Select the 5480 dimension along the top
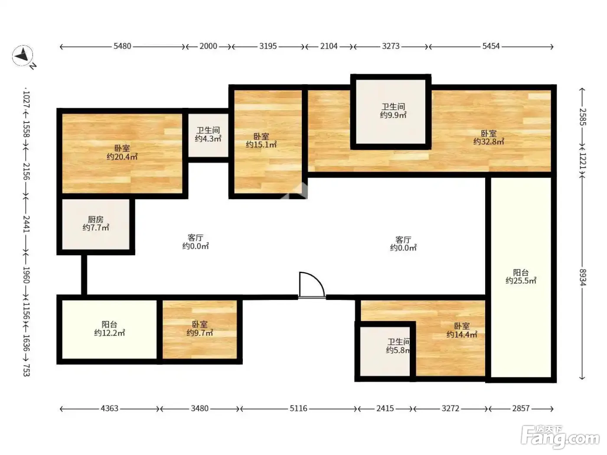[x=122, y=46]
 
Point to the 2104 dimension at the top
[x=329, y=46]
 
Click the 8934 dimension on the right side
[x=582, y=277]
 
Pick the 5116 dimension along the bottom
[x=298, y=408]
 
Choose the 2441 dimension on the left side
[x=26, y=224]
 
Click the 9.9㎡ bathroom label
[x=393, y=111]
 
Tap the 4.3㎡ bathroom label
[x=208, y=134]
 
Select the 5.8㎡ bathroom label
[x=398, y=346]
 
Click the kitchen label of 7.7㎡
[x=96, y=224]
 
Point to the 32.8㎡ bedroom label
[x=489, y=137]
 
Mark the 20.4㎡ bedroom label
[x=122, y=153]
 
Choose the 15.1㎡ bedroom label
[x=261, y=140]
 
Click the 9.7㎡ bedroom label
[x=200, y=328]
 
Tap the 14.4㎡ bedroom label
[x=462, y=330]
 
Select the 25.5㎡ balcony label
[x=521, y=276]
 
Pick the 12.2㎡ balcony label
[x=110, y=328]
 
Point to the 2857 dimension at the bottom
[x=521, y=408]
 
